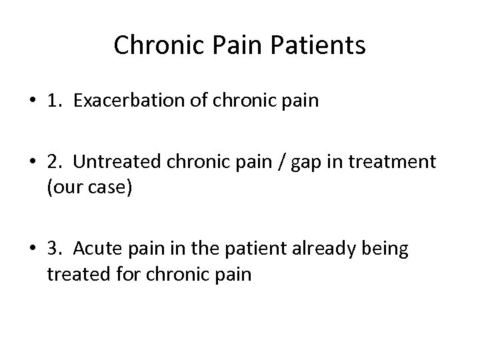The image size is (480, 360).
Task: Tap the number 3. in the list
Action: (56, 250)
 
